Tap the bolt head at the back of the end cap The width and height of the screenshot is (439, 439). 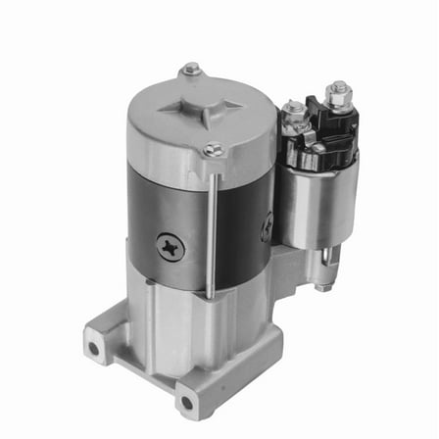point(191,70)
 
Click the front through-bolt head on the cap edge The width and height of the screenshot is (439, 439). point(214,150)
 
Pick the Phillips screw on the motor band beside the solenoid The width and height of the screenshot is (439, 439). point(267,228)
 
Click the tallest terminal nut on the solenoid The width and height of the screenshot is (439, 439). point(338,98)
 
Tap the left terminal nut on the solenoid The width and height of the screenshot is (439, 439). point(294,110)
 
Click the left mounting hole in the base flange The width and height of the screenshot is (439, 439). point(94,348)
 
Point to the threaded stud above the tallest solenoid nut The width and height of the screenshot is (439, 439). point(339,86)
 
